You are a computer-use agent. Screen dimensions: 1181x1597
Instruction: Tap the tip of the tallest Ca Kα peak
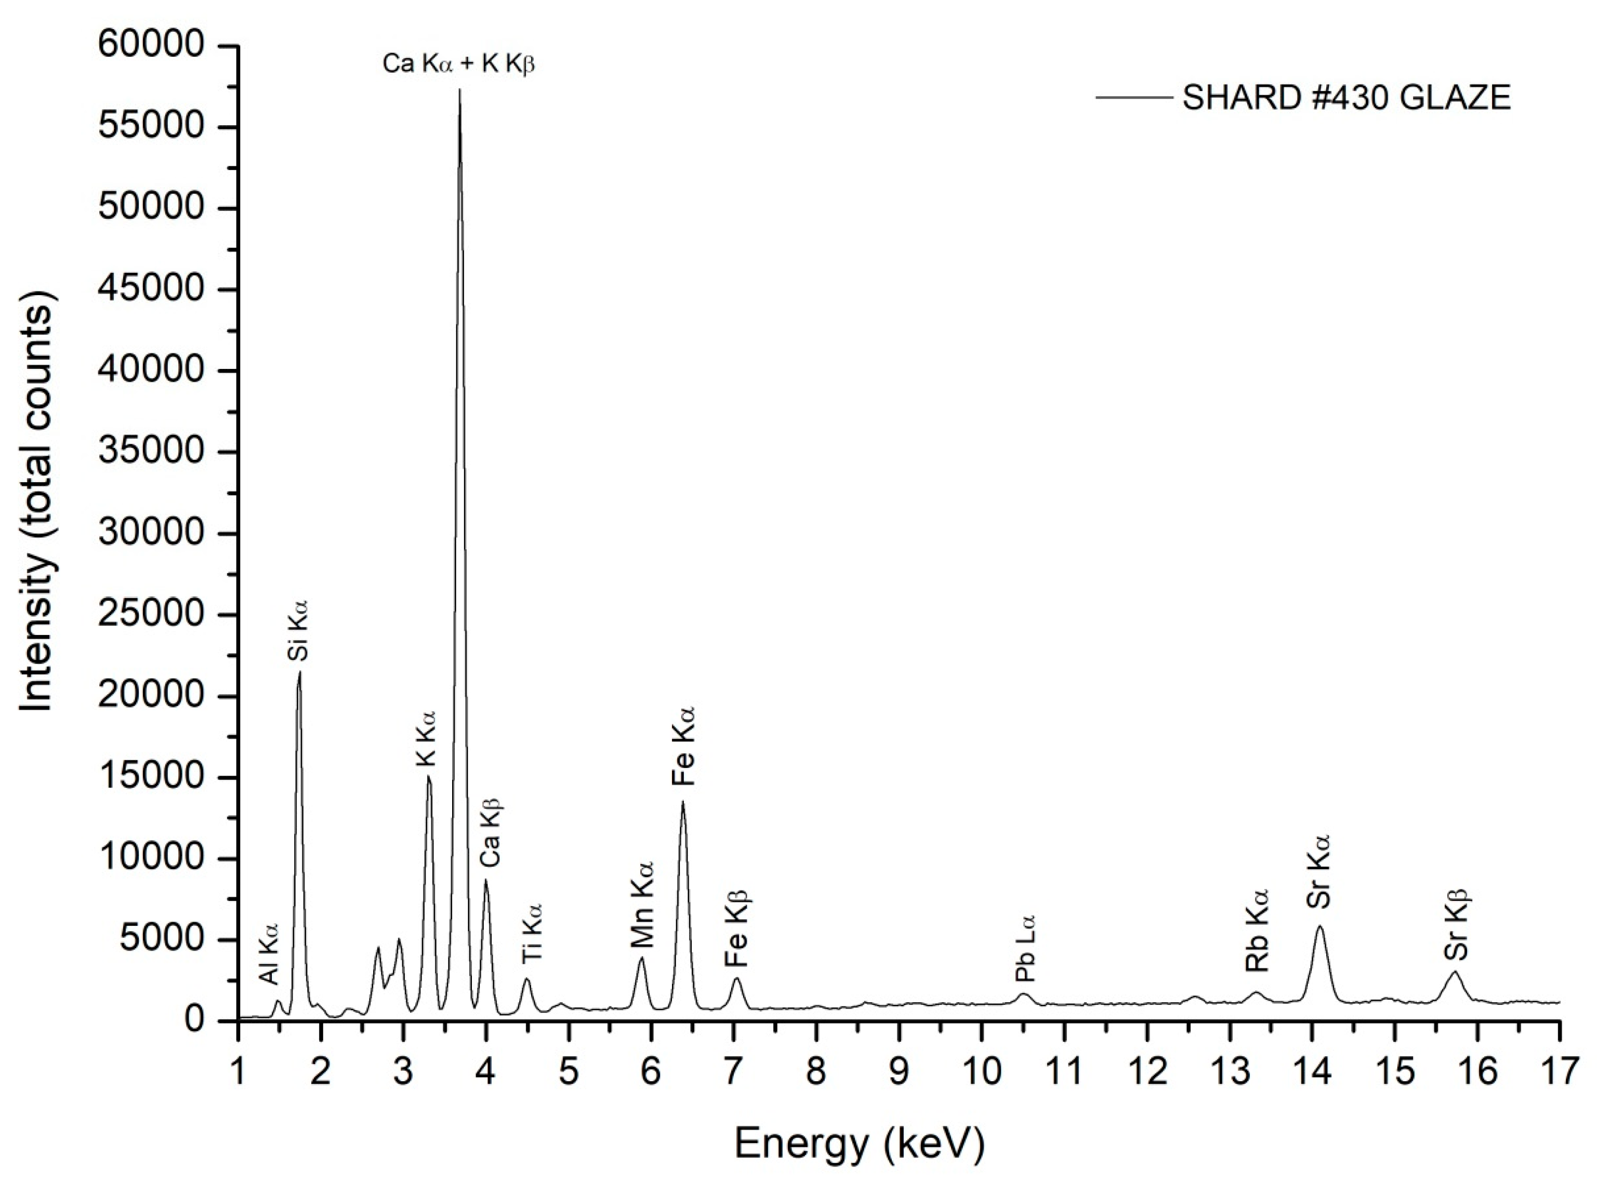(x=459, y=90)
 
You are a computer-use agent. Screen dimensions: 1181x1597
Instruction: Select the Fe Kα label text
(x=683, y=746)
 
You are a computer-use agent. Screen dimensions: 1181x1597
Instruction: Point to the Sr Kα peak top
(x=1319, y=927)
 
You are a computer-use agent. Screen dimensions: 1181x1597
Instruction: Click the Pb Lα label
(x=1025, y=949)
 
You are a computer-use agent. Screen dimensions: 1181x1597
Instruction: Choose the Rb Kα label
(x=1257, y=930)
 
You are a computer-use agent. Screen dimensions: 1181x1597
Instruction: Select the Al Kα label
(x=269, y=953)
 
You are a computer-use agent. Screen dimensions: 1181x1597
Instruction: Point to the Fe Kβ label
(x=735, y=930)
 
